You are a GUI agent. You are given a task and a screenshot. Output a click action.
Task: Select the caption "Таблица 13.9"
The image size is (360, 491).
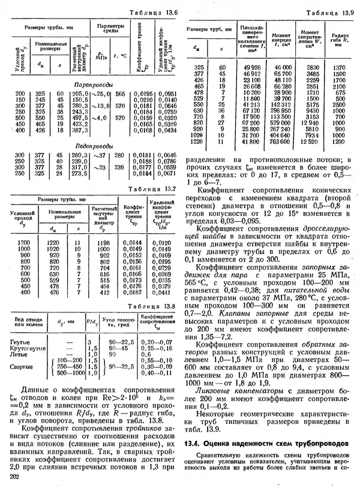(x=325, y=12)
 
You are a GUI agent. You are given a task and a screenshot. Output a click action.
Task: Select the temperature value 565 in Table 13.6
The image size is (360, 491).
(x=120, y=94)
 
